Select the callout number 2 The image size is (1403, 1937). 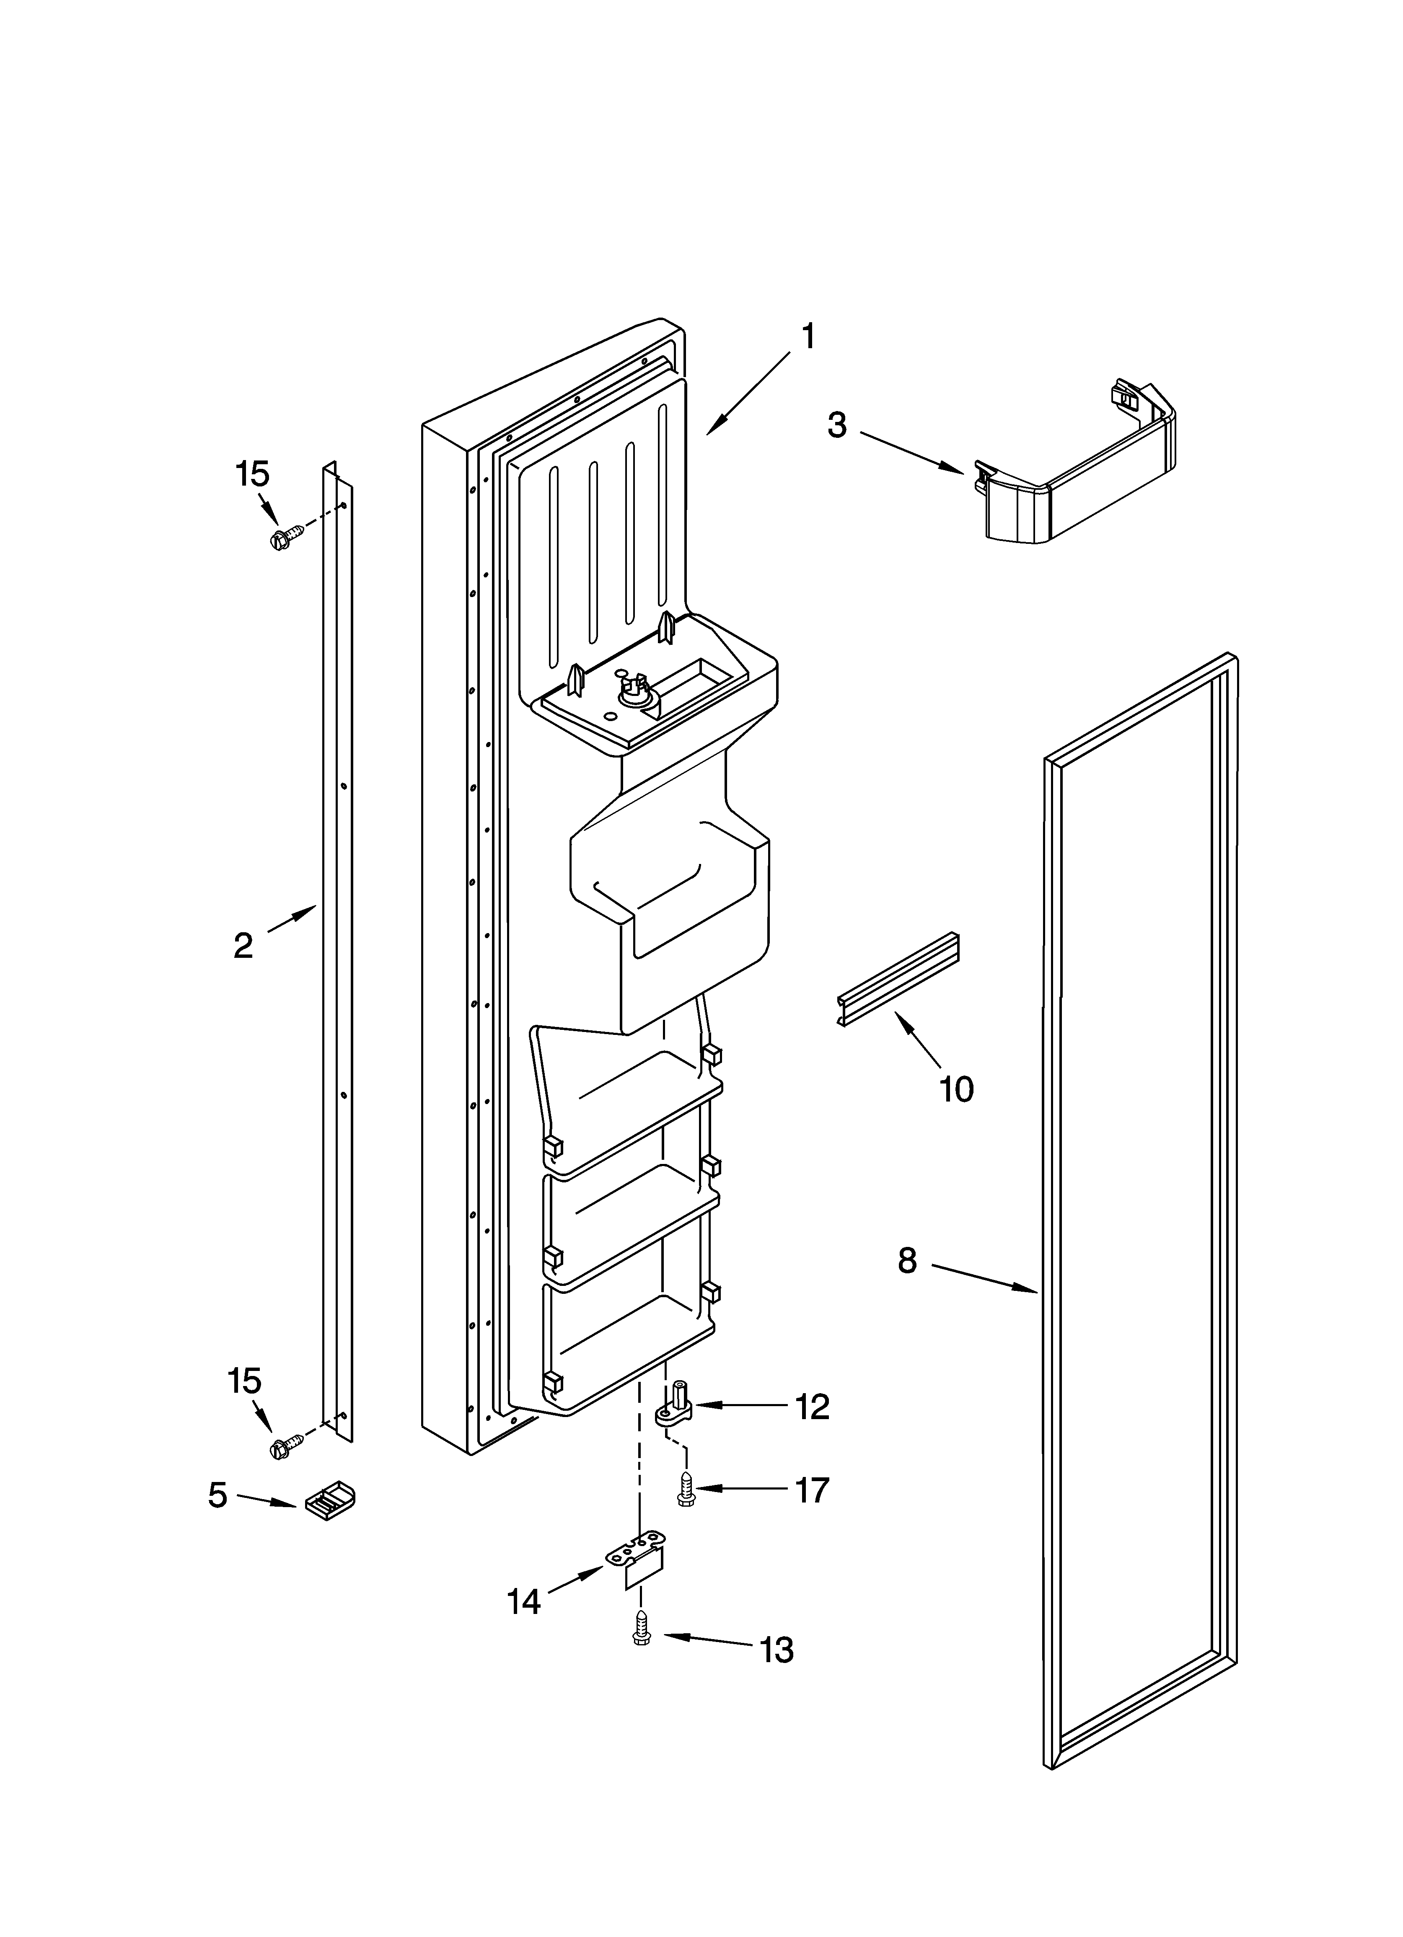click(243, 945)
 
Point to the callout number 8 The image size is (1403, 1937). click(907, 1261)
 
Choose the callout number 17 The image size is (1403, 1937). click(812, 1490)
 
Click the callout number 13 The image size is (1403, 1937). click(777, 1651)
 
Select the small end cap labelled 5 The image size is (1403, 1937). click(330, 1497)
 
